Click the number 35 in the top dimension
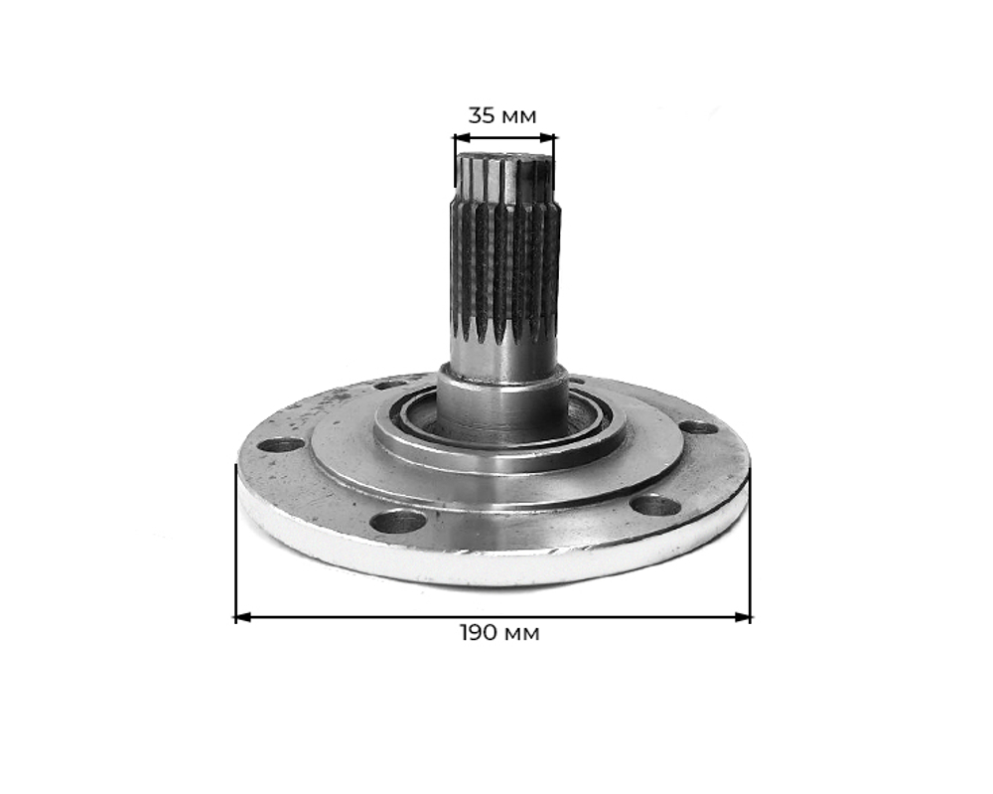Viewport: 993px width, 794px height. tap(482, 115)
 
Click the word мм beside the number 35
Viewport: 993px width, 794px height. tap(517, 115)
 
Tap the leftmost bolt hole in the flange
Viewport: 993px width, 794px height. tap(281, 444)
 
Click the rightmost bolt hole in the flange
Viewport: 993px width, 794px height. tap(698, 427)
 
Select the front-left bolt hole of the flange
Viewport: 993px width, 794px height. tap(397, 521)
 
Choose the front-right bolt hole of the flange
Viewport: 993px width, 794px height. tap(655, 505)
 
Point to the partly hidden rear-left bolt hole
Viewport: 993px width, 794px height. tap(392, 384)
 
